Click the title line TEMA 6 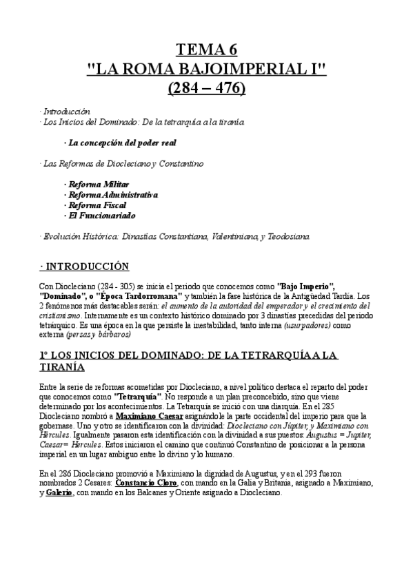point(207,49)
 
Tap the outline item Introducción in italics point(67,111)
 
